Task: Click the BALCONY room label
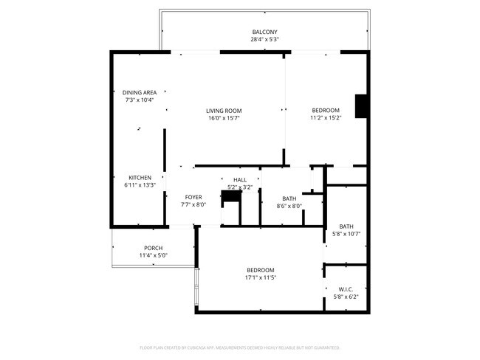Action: pyautogui.click(x=264, y=32)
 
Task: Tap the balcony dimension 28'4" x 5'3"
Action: pyautogui.click(x=264, y=39)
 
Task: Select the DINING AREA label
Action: pyautogui.click(x=140, y=92)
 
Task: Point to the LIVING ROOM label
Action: pyautogui.click(x=224, y=111)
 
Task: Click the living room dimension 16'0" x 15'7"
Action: pyautogui.click(x=224, y=118)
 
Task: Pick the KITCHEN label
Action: pyautogui.click(x=140, y=178)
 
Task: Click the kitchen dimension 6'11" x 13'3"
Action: pyautogui.click(x=140, y=185)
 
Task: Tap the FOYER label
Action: pyautogui.click(x=193, y=197)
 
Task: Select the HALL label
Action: pyautogui.click(x=240, y=179)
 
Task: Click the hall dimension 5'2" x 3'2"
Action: pyautogui.click(x=240, y=187)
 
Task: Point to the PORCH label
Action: pyautogui.click(x=154, y=248)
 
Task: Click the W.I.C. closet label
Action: pyautogui.click(x=346, y=289)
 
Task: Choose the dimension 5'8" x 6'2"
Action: pyautogui.click(x=346, y=297)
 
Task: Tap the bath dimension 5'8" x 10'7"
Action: pyautogui.click(x=346, y=234)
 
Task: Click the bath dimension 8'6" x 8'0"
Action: pyautogui.click(x=289, y=206)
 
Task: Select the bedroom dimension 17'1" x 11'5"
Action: pyautogui.click(x=260, y=278)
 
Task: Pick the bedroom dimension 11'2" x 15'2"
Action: pyautogui.click(x=325, y=118)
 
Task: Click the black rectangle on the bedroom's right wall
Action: pyautogui.click(x=361, y=106)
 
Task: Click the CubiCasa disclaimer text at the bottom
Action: pyautogui.click(x=239, y=347)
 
